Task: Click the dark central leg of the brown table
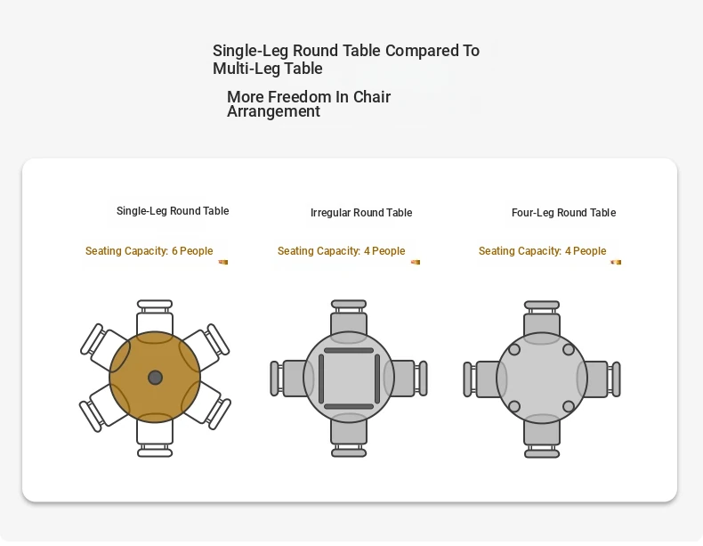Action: click(155, 378)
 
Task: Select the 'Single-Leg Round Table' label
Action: click(173, 211)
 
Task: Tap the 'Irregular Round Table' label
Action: click(361, 213)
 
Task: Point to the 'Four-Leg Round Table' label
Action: click(563, 213)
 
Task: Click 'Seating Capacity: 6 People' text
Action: click(149, 251)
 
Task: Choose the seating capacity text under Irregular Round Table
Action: click(341, 251)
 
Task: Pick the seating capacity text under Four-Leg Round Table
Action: click(543, 251)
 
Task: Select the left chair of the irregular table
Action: click(286, 379)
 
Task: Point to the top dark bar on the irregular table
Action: click(349, 350)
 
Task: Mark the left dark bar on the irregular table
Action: click(321, 379)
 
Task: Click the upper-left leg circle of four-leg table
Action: click(514, 349)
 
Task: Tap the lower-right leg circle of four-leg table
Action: click(569, 407)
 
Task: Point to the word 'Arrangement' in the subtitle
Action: click(273, 111)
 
